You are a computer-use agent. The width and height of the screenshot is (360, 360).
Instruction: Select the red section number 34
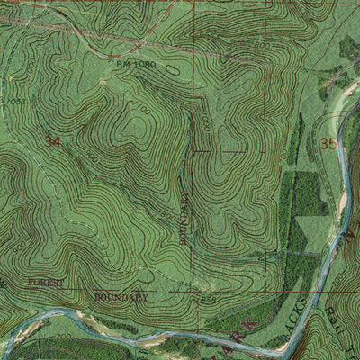pos(54,141)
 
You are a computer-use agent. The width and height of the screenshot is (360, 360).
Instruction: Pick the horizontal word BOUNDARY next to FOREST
pos(119,295)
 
